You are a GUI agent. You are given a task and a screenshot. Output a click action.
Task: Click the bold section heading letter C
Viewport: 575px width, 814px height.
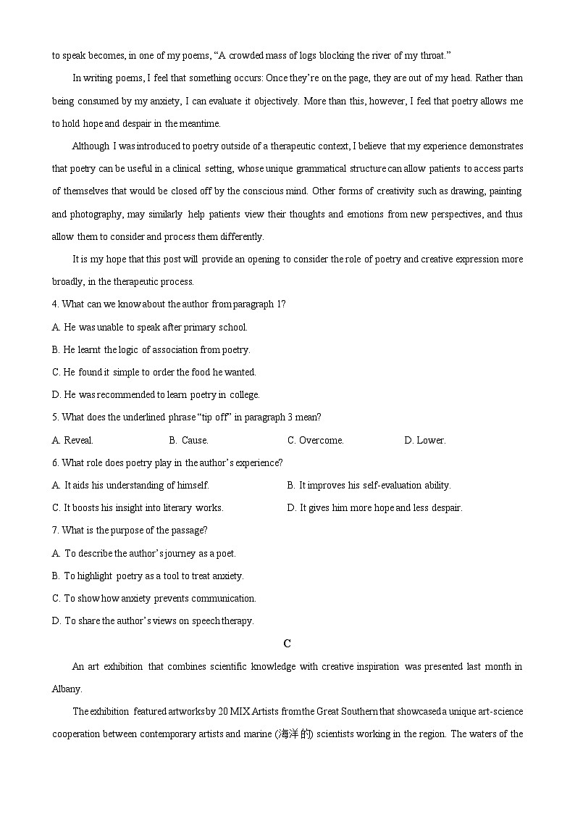click(287, 644)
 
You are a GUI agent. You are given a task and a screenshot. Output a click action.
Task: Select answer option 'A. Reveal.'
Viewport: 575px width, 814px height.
click(72, 440)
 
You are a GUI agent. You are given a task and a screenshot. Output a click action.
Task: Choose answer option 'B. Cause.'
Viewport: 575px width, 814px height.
click(188, 440)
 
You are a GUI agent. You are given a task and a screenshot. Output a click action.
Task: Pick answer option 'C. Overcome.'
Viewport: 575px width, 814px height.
click(315, 440)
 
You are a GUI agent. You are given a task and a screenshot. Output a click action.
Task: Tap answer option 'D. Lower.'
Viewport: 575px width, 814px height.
click(425, 440)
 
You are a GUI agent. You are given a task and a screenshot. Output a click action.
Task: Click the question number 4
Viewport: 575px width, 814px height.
click(55, 304)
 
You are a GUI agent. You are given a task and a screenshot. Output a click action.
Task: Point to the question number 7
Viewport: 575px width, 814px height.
click(55, 531)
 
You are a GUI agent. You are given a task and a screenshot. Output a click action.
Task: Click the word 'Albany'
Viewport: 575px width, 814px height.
click(67, 689)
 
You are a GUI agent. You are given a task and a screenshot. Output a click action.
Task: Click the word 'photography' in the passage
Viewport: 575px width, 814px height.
click(96, 214)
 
